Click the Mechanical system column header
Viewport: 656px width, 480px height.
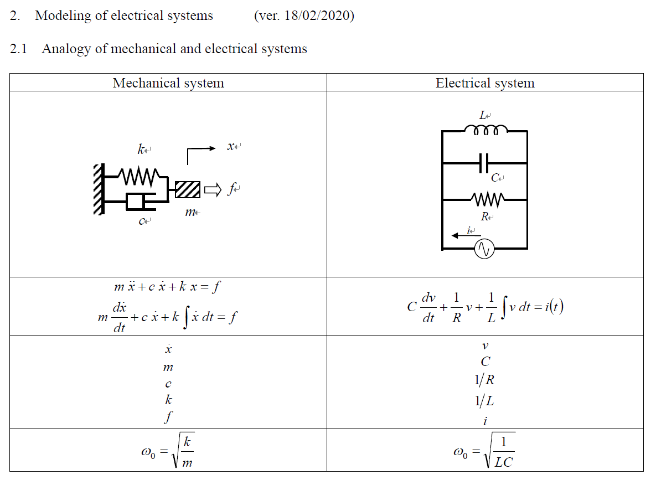[168, 83]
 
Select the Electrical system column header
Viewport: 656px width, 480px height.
[485, 83]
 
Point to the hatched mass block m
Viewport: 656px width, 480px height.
[188, 190]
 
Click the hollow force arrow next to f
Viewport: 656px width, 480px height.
[212, 190]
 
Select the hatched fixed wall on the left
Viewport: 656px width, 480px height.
[99, 189]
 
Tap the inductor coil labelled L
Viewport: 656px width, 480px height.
[485, 130]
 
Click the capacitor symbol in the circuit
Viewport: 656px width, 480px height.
[485, 163]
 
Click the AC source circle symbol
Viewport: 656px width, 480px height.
[484, 249]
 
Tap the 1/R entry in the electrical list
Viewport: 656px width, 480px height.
[484, 380]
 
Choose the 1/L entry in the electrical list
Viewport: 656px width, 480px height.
[484, 400]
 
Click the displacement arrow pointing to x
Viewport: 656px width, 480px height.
[202, 148]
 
